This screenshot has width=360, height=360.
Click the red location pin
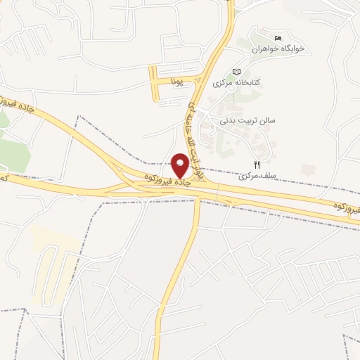point(181,165)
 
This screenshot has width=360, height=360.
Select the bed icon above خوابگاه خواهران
point(278,37)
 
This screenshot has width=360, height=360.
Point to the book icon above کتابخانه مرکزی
point(236,72)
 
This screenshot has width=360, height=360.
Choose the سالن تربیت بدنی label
point(247,120)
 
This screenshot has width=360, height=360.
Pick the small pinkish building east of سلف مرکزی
point(307,169)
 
